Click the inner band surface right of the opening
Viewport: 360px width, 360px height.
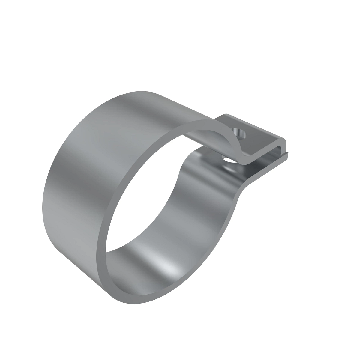[207, 216]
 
